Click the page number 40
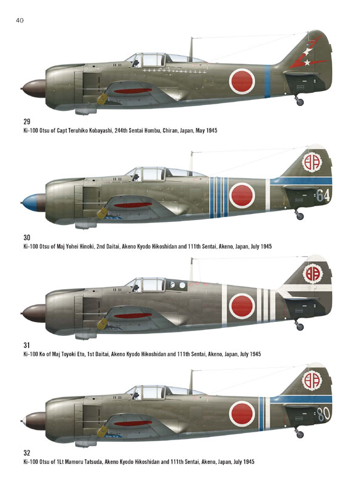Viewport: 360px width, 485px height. point(19,21)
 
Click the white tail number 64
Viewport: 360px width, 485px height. point(323,195)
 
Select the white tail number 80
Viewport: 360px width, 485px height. point(324,414)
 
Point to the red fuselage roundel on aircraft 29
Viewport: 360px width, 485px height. point(242,81)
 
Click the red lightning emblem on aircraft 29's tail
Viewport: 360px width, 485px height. point(307,53)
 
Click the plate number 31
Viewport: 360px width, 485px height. point(27,345)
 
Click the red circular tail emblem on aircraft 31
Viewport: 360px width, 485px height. point(312,273)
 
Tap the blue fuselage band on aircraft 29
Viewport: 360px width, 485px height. point(267,81)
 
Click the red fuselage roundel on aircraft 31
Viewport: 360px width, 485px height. point(242,306)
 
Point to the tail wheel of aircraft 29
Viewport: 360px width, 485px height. point(299,101)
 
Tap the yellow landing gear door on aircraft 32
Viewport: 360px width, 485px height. point(102,431)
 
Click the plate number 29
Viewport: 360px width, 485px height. point(27,122)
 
